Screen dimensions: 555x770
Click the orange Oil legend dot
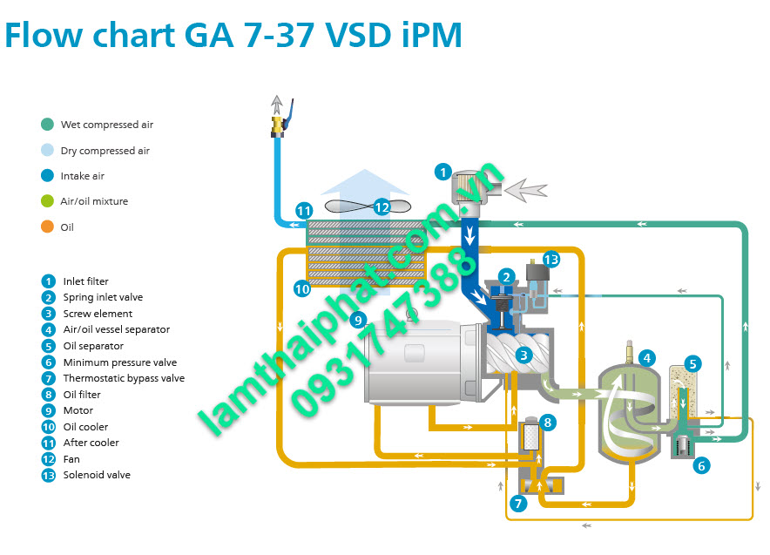coord(47,227)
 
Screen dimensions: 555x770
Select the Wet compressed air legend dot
coord(47,125)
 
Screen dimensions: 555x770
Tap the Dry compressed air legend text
coord(105,151)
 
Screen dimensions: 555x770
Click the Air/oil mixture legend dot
coord(47,201)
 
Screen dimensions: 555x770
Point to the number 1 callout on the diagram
coord(443,173)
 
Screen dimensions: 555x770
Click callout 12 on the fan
coord(382,206)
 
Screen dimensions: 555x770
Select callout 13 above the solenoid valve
coord(550,259)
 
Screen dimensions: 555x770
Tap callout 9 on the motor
coord(357,320)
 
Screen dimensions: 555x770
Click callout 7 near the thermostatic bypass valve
coord(518,503)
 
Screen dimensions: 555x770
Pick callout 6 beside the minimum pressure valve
coord(701,465)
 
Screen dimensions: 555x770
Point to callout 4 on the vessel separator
coord(646,357)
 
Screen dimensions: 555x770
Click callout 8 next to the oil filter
coord(547,423)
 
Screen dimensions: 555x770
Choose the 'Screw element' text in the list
coord(98,314)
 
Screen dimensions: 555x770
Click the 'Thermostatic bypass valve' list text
coord(124,378)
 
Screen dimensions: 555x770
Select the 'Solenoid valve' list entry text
coord(97,475)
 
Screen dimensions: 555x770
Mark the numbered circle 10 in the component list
coord(48,427)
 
